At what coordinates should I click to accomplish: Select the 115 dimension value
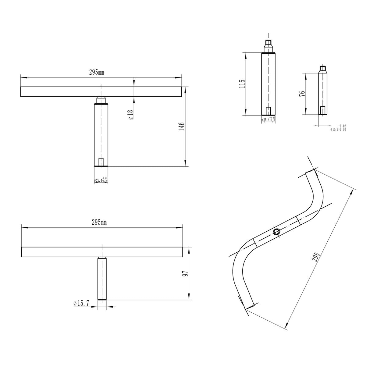[242, 84]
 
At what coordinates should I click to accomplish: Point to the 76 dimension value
[302, 94]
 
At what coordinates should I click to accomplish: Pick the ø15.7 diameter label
[81, 303]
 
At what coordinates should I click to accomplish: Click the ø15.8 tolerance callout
[338, 128]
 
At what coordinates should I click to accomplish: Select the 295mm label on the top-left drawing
[97, 73]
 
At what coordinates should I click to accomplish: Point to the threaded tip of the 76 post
[323, 68]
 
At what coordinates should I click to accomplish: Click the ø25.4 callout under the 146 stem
[101, 180]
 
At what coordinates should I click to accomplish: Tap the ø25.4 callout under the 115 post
[268, 119]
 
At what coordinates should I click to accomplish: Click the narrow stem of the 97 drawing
[102, 278]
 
